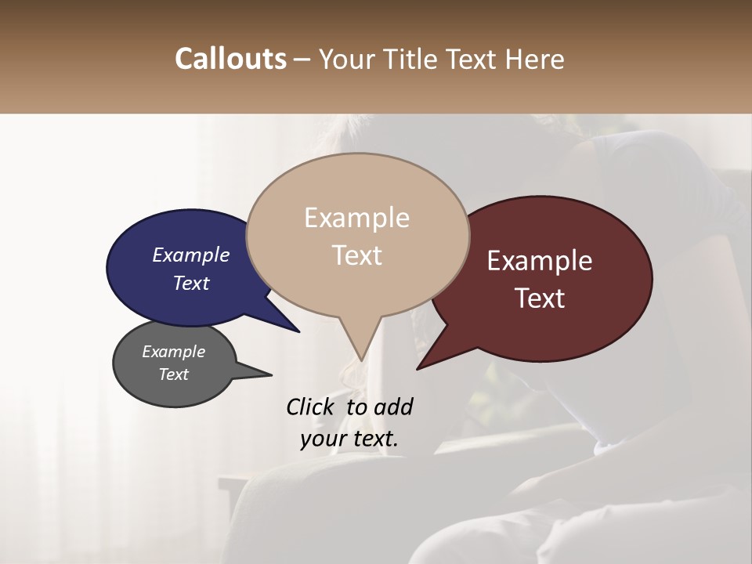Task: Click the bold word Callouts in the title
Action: [230, 59]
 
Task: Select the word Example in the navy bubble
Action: [190, 255]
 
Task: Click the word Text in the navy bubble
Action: [190, 283]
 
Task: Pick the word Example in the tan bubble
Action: [356, 218]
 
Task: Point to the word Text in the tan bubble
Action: [356, 255]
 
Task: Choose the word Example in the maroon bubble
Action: [540, 261]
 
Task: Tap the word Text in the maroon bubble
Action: [540, 298]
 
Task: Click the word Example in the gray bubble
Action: [173, 352]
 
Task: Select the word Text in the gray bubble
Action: [173, 374]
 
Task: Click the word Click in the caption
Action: [311, 407]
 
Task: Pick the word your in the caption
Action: [321, 439]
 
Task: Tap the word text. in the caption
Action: [373, 439]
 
